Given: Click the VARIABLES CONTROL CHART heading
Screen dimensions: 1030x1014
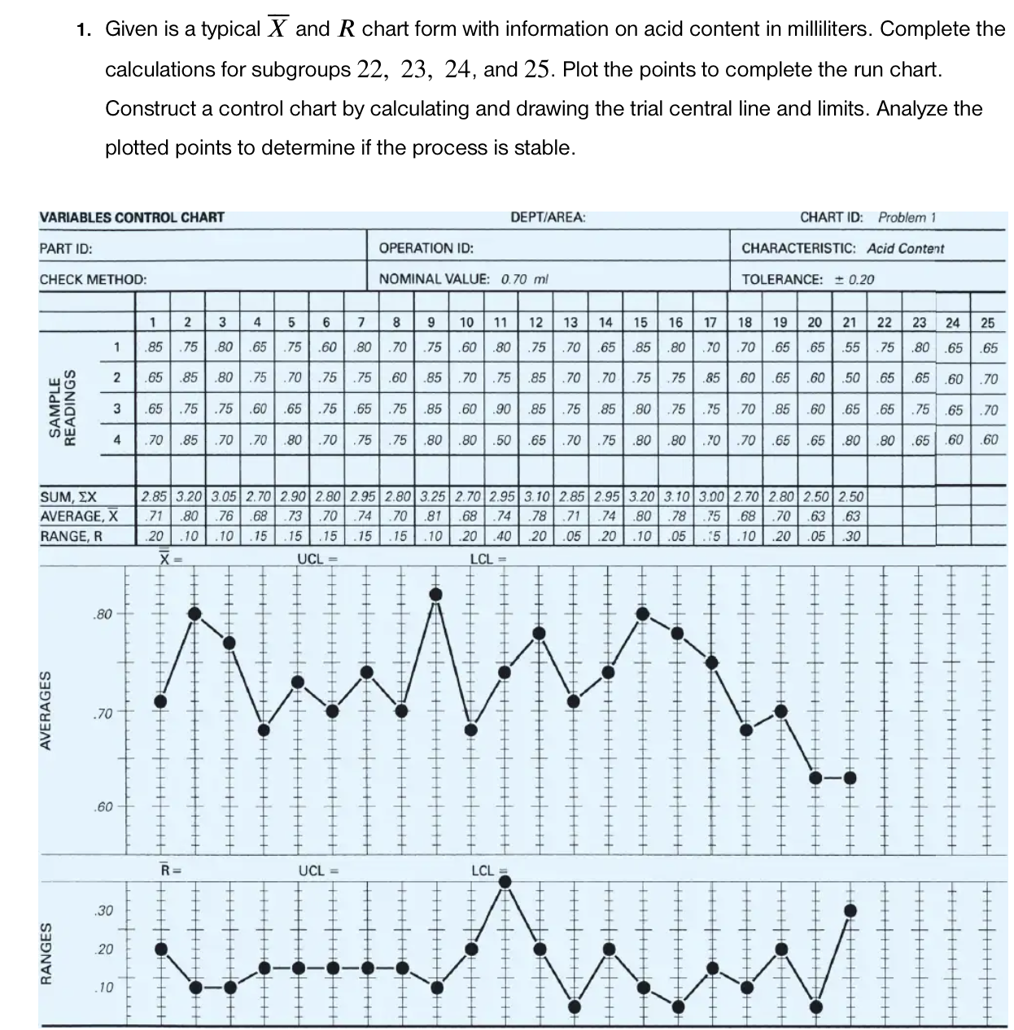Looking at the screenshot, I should (132, 217).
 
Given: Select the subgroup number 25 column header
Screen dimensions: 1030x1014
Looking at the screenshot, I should (987, 323).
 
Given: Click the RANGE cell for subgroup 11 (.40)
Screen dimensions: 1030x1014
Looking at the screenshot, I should (503, 536).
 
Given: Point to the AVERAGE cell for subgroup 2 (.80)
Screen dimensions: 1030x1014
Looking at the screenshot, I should (189, 516).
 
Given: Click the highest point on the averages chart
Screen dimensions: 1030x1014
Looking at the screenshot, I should (436, 595).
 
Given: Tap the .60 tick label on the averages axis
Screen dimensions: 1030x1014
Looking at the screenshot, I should (102, 807).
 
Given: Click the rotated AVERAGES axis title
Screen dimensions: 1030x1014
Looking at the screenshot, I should (47, 709).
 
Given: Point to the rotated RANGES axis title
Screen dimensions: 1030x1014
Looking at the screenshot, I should (47, 949).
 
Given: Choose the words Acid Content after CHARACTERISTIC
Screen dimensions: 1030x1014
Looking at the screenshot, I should (905, 248).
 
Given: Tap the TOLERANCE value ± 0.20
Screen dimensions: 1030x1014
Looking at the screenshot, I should (854, 279).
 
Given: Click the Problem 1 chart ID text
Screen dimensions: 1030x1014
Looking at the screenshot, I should (907, 217).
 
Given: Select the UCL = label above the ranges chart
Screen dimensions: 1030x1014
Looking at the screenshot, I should (317, 871).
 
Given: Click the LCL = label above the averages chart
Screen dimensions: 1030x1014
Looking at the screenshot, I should (488, 559).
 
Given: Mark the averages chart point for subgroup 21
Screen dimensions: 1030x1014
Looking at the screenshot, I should (850, 777).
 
